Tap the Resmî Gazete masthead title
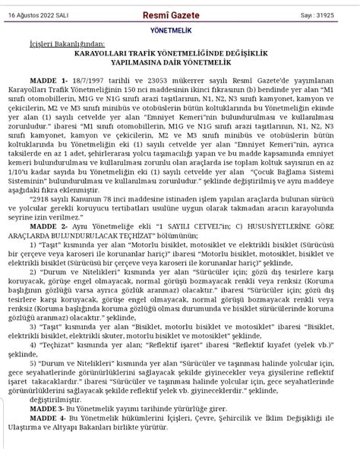[x=180, y=14]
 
